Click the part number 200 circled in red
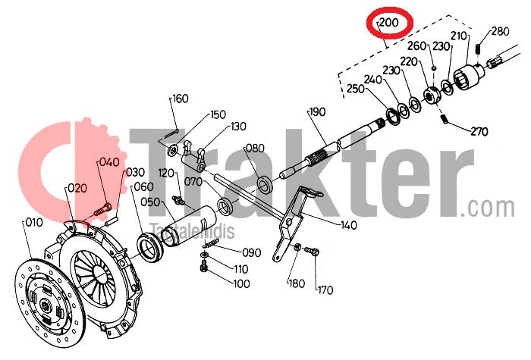(389, 23)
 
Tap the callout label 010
(34, 223)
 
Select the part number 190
(318, 111)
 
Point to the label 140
(349, 225)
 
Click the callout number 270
(479, 131)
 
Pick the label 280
(501, 32)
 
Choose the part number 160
(181, 99)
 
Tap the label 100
(242, 283)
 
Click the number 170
(325, 290)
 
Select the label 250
(355, 89)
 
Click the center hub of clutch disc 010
(45, 306)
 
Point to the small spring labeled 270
(445, 119)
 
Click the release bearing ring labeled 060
(150, 246)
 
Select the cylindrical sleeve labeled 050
(187, 224)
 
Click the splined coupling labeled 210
(469, 77)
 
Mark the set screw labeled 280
(478, 49)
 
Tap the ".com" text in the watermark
(487, 208)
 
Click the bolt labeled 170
(312, 251)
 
